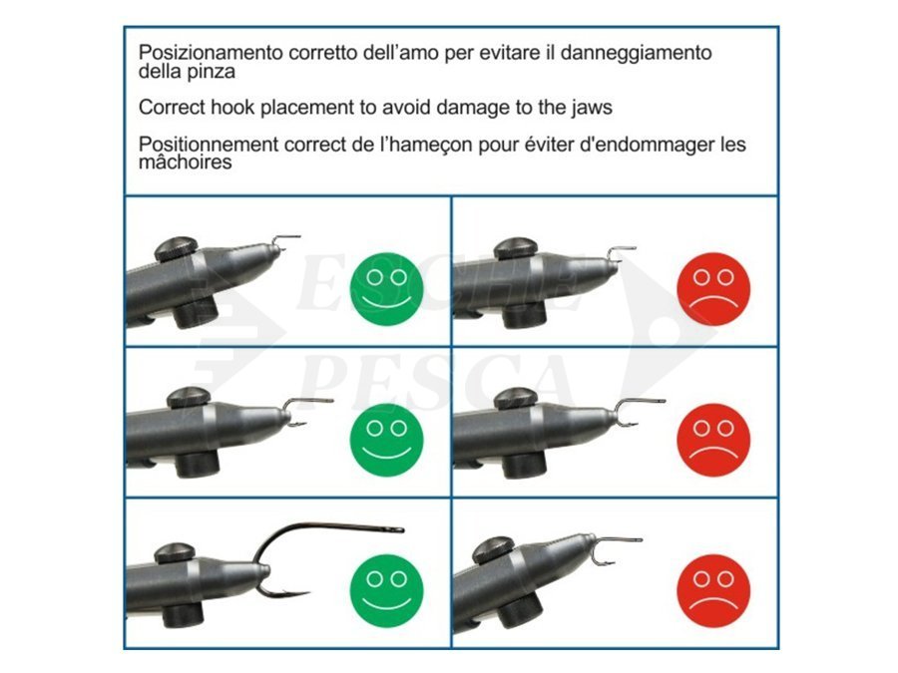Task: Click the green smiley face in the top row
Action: [386, 289]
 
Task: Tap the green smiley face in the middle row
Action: [386, 440]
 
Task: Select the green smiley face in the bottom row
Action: [386, 590]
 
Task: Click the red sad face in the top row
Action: [713, 289]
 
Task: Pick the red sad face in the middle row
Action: [713, 440]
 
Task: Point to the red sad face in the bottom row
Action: [713, 590]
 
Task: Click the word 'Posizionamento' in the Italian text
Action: [211, 53]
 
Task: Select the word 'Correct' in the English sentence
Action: [172, 107]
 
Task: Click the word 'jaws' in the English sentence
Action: [592, 108]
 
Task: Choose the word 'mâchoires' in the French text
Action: [185, 162]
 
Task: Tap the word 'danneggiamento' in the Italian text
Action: [636, 53]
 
